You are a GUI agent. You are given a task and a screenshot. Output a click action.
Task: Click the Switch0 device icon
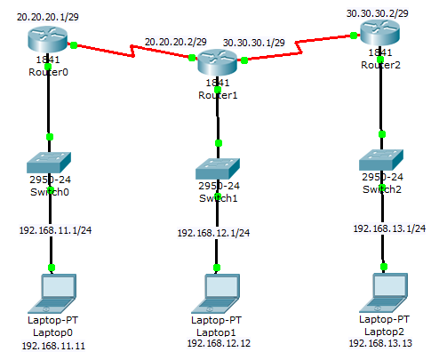click(x=50, y=162)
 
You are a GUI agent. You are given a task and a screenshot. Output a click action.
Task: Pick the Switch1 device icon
click(x=218, y=168)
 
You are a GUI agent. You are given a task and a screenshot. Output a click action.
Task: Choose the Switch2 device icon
click(x=382, y=161)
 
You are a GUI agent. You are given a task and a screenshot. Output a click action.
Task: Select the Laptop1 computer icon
click(x=217, y=289)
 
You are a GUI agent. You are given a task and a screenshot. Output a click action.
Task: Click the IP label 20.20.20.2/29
click(x=175, y=42)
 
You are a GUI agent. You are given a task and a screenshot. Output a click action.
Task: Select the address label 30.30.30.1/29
click(x=253, y=42)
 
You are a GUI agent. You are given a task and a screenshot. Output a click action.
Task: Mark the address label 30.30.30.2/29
click(x=379, y=13)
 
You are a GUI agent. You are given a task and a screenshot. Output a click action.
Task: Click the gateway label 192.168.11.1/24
click(x=56, y=228)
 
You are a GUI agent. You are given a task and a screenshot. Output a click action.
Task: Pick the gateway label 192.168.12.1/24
click(x=212, y=233)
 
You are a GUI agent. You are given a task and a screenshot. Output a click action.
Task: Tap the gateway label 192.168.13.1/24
click(x=389, y=228)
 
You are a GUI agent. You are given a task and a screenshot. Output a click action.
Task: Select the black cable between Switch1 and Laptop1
click(x=217, y=249)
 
